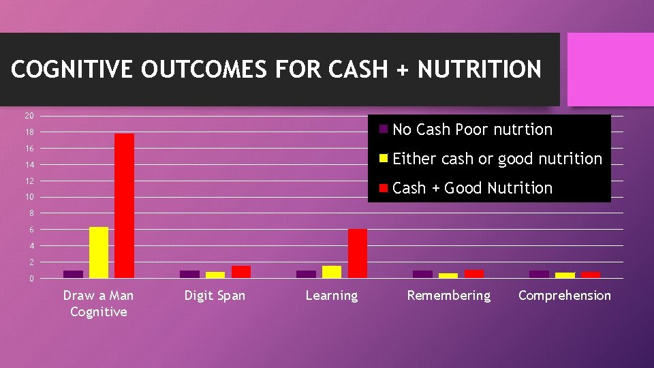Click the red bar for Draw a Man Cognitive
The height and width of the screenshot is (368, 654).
click(x=124, y=206)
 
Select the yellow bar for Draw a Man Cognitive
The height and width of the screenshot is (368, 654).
click(x=99, y=252)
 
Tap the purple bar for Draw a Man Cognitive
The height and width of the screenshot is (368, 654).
click(x=73, y=274)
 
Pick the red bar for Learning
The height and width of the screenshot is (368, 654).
click(x=358, y=254)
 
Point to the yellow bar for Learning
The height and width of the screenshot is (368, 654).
click(x=332, y=272)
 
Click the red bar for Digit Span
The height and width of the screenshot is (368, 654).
click(x=241, y=272)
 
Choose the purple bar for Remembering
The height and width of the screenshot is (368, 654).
click(x=422, y=274)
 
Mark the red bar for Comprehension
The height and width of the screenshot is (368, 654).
click(x=591, y=275)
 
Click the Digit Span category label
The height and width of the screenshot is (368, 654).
click(x=215, y=295)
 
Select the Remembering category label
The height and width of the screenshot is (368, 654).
click(x=448, y=295)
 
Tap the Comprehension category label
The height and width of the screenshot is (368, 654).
click(x=565, y=295)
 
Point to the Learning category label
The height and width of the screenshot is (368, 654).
click(x=332, y=295)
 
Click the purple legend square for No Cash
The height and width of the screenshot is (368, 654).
click(x=384, y=129)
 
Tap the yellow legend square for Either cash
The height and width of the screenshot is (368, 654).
click(x=384, y=158)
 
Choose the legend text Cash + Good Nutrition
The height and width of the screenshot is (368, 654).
click(x=472, y=188)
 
